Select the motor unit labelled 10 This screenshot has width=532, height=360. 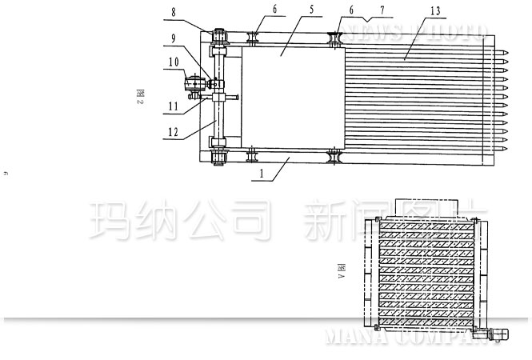(194, 81)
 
